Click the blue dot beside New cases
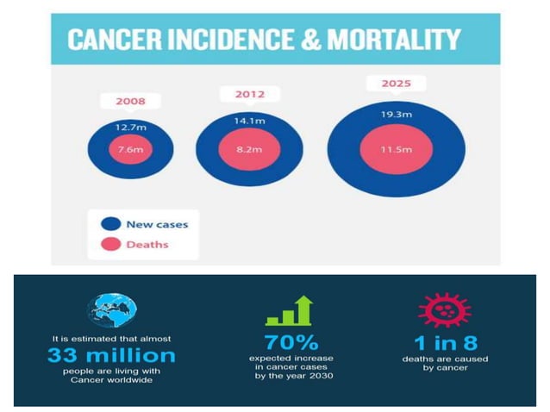(x=110, y=224)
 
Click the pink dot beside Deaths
(x=110, y=244)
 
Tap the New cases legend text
(x=157, y=224)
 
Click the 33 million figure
(x=111, y=355)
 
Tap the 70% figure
(x=291, y=341)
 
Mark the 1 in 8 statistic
(x=444, y=341)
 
